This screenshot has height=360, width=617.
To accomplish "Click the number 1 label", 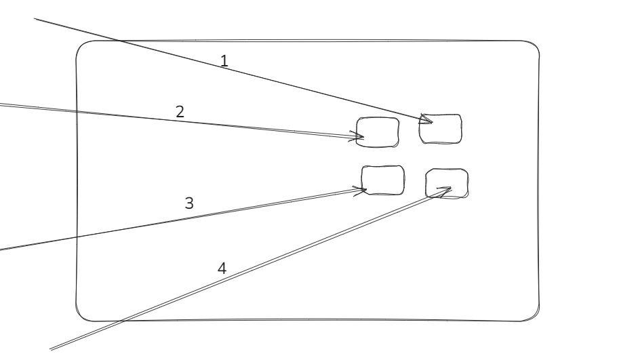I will [x=224, y=60].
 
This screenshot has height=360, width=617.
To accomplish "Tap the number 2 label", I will [x=180, y=112].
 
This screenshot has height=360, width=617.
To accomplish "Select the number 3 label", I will [x=189, y=202].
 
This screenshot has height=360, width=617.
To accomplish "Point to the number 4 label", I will [x=222, y=268].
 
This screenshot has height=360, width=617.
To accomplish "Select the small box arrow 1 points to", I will [x=440, y=129].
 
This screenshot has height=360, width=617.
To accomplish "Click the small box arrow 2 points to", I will [x=378, y=132].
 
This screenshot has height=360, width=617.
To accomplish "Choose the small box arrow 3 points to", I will [x=382, y=180].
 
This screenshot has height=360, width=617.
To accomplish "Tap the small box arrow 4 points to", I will [x=446, y=184].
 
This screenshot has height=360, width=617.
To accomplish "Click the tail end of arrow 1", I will [x=35, y=19].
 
